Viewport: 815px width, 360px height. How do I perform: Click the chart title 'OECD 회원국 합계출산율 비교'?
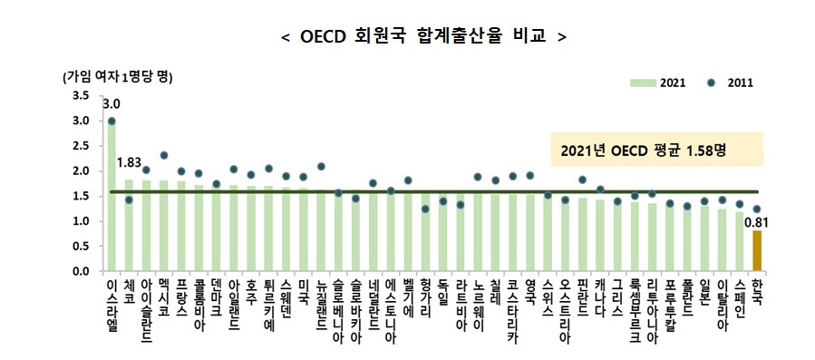coord(423,37)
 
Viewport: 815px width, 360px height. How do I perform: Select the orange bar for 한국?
coord(756,251)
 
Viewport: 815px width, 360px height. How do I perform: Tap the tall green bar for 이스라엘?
coord(112,195)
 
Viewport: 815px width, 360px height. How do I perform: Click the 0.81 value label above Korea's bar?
coord(756,219)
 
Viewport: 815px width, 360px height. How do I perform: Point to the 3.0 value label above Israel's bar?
coord(112,105)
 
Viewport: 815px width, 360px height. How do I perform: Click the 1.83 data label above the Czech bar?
coord(130,162)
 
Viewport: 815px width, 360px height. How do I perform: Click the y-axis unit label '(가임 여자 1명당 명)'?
coord(118,76)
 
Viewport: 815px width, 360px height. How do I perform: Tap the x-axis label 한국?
coord(756,290)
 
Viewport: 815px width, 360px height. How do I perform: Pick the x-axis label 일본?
coord(703,290)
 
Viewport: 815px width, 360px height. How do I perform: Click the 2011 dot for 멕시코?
coord(164,156)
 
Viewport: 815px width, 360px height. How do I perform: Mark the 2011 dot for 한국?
coord(756,209)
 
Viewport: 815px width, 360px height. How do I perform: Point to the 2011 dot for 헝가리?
coord(424,209)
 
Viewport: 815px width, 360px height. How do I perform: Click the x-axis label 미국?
coord(304,290)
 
